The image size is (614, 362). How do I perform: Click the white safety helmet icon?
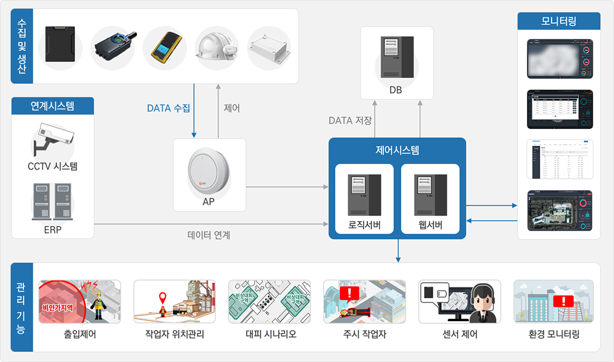(x=216, y=49)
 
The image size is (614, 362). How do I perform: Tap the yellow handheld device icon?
(x=164, y=49)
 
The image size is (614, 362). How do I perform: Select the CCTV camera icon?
(x=52, y=137)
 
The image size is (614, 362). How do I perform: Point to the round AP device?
(x=209, y=169)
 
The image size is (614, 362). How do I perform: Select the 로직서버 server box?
(x=364, y=199)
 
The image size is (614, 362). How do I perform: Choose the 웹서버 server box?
(x=430, y=199)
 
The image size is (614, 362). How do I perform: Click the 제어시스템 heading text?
(x=397, y=150)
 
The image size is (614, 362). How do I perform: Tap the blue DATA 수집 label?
(x=169, y=108)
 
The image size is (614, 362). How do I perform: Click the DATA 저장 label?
(x=350, y=120)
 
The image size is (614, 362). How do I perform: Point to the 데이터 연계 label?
(x=209, y=235)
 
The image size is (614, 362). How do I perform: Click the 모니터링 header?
(x=559, y=21)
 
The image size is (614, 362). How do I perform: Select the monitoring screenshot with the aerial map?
(x=559, y=211)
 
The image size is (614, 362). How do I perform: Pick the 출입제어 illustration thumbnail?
(x=79, y=302)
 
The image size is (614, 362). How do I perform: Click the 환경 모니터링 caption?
(x=554, y=335)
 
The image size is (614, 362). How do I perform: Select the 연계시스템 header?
(x=52, y=105)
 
